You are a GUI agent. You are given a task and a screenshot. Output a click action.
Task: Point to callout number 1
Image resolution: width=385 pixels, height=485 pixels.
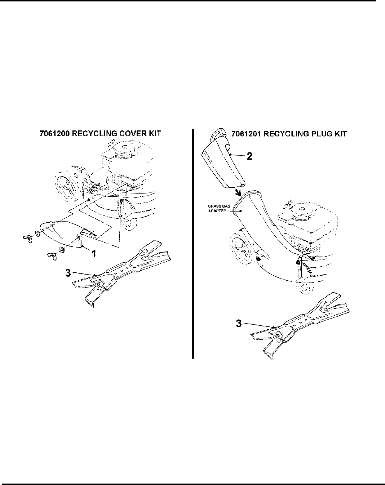[x=93, y=254]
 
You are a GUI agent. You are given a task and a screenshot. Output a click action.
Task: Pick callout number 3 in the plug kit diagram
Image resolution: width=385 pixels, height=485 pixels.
[x=238, y=324]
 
